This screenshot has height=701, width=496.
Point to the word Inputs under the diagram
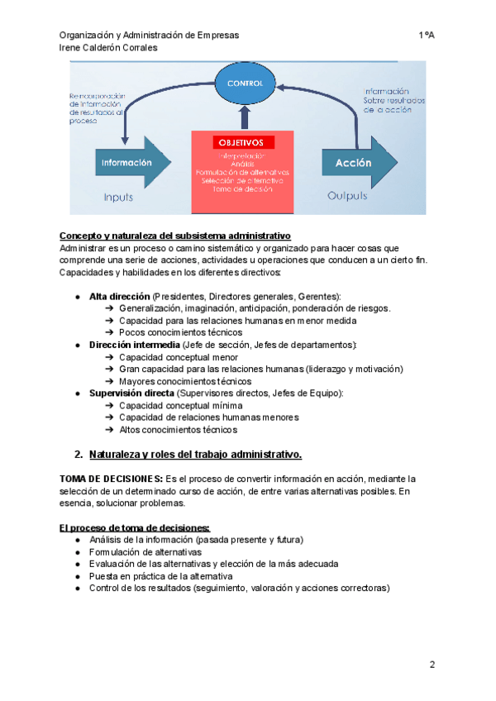tap(118, 198)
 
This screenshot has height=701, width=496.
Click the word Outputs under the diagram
tap(348, 198)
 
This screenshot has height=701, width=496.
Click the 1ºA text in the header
tap(427, 35)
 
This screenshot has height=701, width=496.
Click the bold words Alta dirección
tap(119, 296)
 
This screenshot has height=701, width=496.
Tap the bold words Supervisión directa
tap(131, 393)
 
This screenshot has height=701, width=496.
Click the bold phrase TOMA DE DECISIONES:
tap(111, 479)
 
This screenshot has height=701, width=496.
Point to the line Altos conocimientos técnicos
tap(178, 430)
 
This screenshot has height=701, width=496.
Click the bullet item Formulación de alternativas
tap(145, 551)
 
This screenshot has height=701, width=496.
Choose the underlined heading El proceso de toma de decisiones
tap(134, 527)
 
